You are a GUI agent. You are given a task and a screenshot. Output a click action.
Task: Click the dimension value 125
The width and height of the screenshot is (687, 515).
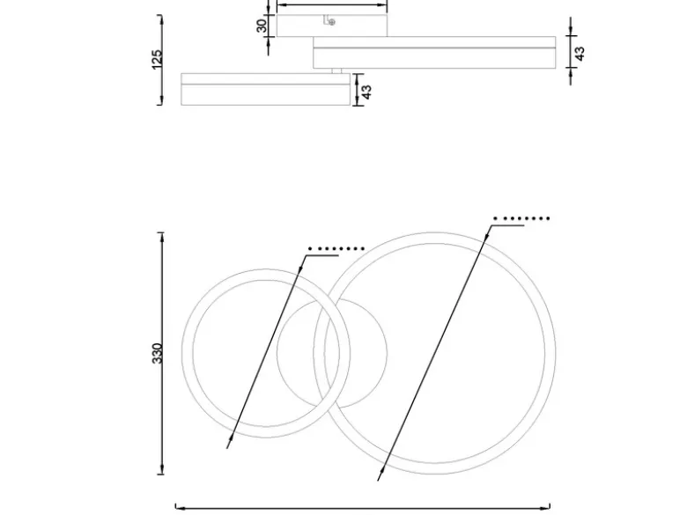tap(157, 60)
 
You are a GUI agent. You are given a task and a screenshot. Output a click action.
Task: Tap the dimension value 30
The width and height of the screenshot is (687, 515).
tap(262, 26)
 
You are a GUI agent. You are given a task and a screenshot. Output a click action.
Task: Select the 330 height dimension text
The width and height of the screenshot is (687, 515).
tap(158, 353)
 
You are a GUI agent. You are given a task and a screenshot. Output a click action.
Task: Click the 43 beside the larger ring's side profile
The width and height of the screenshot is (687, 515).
tap(580, 54)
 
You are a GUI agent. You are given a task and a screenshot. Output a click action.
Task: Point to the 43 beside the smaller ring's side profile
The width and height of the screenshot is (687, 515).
tap(366, 92)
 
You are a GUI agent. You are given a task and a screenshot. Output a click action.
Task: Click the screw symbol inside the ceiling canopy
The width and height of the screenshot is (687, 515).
tap(332, 22)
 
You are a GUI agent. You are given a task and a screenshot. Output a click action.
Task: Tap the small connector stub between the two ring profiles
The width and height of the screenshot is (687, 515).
tap(336, 71)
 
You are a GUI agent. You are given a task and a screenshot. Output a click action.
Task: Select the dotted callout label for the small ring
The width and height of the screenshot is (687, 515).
tap(336, 249)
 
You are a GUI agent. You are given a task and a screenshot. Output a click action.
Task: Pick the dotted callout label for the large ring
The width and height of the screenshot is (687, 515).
tap(521, 218)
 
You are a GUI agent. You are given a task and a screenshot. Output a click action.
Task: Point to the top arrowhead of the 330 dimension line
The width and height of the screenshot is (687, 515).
tap(163, 238)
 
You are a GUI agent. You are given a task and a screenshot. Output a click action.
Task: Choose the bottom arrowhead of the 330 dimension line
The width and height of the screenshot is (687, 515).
tap(163, 468)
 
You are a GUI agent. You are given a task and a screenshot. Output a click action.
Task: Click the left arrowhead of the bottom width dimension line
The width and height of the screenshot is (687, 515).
tap(181, 509)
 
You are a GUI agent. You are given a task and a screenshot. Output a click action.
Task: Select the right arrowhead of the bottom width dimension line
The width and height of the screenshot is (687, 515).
tap(544, 509)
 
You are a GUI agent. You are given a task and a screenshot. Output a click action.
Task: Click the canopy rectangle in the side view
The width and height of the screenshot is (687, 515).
tap(332, 26)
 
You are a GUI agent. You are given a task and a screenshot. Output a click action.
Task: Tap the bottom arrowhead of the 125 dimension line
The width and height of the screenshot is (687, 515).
tap(162, 99)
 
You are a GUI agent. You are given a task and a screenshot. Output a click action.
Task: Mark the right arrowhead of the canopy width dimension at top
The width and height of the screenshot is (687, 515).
tap(382, 5)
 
